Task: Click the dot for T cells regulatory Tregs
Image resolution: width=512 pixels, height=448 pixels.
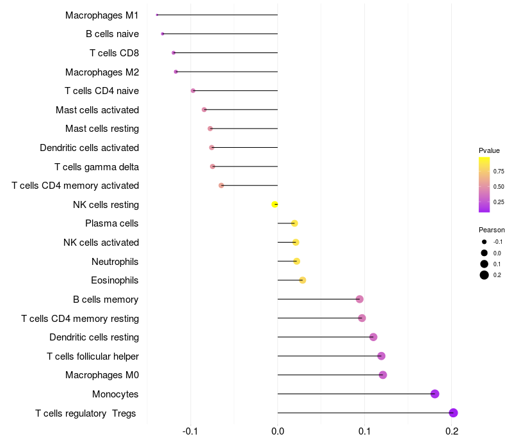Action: (453, 413)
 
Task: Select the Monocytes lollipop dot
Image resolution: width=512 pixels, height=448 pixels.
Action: (435, 394)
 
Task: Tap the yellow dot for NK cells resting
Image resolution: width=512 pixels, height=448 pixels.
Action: (275, 204)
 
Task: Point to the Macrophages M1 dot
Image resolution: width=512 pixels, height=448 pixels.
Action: (157, 15)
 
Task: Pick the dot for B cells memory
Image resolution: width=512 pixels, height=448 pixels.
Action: (360, 299)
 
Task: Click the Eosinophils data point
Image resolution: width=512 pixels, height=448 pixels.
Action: (303, 280)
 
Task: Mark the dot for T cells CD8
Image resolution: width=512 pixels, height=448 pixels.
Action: (173, 52)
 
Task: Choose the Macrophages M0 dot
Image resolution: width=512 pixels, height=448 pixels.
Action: (383, 375)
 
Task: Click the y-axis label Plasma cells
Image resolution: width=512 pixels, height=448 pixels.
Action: (112, 223)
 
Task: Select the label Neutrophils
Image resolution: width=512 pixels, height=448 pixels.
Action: (115, 261)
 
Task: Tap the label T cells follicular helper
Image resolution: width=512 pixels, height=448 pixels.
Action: (93, 356)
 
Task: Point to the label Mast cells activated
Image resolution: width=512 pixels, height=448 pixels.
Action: (97, 110)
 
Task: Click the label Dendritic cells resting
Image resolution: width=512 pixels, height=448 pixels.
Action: (94, 337)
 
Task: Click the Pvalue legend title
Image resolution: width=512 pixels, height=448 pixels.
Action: (489, 150)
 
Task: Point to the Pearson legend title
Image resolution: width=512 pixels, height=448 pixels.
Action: (492, 230)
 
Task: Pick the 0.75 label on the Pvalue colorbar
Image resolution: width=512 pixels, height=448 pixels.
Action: (498, 172)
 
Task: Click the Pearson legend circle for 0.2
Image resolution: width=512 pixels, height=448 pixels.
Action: (484, 275)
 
